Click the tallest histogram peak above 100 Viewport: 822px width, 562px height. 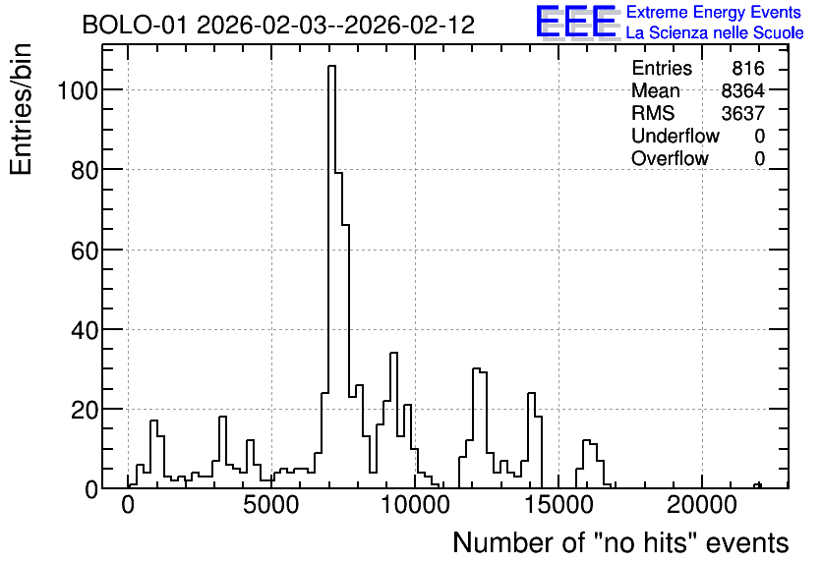331,66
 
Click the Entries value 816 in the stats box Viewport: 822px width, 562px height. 748,69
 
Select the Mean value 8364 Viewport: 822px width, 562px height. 742,91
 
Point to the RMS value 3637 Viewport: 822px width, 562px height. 742,114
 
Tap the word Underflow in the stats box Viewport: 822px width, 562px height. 675,137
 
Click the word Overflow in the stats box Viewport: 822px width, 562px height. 670,159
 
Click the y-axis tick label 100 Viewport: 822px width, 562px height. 77,90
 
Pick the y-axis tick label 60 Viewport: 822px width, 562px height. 85,251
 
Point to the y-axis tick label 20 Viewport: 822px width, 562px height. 85,410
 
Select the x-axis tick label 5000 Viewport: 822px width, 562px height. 271,505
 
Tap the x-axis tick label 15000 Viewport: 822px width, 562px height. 558,505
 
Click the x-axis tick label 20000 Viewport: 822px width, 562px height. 701,505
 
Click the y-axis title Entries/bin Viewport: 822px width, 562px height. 22,110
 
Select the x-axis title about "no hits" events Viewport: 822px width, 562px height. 620,542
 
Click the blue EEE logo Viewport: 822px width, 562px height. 576,22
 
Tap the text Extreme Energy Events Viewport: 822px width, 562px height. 714,12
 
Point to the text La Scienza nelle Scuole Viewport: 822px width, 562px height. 715,33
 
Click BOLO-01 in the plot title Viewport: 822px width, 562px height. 134,26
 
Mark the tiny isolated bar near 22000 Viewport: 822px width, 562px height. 757,485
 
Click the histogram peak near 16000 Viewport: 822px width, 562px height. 586,440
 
